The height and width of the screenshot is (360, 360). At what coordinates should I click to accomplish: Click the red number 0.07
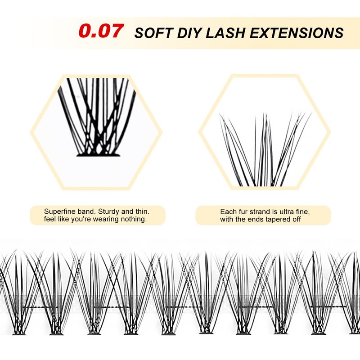pyautogui.click(x=101, y=31)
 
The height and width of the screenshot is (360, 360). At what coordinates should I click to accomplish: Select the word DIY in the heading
pyautogui.click(x=190, y=32)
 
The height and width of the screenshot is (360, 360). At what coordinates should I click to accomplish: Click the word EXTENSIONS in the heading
pyautogui.click(x=297, y=32)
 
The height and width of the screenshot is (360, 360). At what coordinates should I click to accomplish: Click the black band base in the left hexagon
pyautogui.click(x=98, y=155)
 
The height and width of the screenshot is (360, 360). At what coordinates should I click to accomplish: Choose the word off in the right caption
pyautogui.click(x=297, y=219)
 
